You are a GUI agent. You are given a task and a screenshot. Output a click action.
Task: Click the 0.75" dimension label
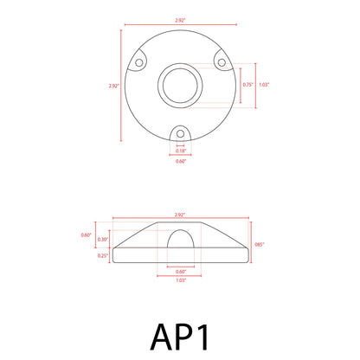point(248,85)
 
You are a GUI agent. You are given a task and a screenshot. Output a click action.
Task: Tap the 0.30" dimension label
point(103,239)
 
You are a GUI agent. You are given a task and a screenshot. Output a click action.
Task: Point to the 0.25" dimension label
point(103,255)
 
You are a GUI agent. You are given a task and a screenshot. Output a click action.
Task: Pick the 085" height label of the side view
point(259,246)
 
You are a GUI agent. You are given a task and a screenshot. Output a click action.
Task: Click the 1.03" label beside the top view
point(264,85)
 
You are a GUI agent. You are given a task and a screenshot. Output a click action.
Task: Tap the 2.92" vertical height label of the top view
point(113,85)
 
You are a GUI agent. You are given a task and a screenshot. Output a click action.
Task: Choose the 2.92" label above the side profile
point(180,213)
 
